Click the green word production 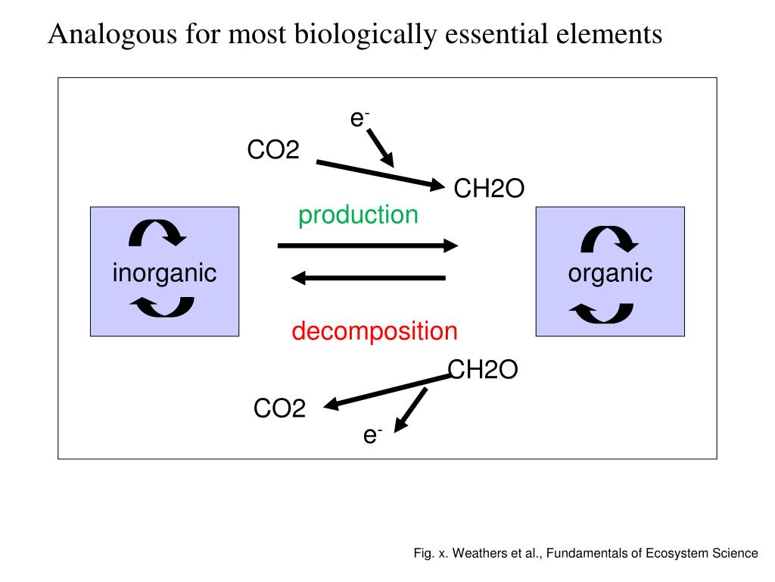(358, 215)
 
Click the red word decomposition (375, 331)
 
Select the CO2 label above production (273, 150)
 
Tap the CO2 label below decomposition (279, 409)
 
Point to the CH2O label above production (488, 189)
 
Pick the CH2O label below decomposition (483, 370)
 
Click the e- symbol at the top (359, 118)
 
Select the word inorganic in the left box (164, 273)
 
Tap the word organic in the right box (610, 273)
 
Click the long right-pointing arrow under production (368, 246)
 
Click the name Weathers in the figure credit (481, 553)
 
